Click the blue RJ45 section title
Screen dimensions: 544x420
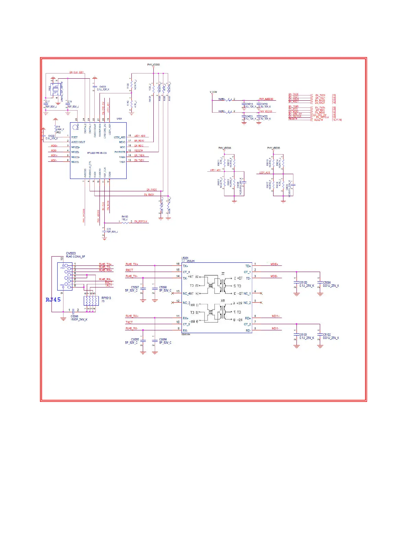[53, 300]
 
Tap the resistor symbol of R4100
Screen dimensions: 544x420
[125, 222]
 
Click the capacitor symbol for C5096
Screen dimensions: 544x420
[73, 310]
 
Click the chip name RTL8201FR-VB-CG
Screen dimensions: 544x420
[97, 153]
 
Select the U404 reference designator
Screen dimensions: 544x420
[119, 119]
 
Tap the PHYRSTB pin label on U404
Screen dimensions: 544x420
[120, 152]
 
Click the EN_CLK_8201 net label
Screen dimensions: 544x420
[76, 72]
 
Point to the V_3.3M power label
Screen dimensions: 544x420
[213, 92]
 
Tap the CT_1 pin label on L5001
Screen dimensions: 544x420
[247, 272]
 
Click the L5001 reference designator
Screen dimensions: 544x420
[185, 258]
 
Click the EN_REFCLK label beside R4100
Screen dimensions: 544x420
[141, 222]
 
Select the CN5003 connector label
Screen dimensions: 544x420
[71, 253]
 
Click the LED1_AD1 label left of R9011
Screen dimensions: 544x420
[215, 170]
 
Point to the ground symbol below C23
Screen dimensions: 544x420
[104, 238]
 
